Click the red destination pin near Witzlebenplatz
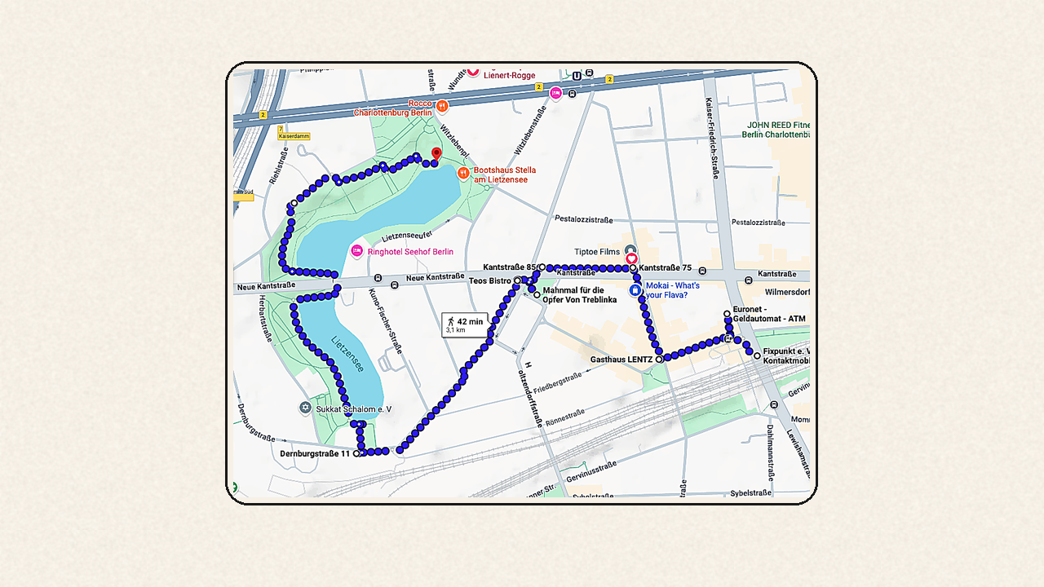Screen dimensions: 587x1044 436,154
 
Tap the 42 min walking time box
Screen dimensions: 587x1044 465,324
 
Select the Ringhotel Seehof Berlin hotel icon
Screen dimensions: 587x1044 356,251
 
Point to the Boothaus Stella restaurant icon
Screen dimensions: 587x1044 463,173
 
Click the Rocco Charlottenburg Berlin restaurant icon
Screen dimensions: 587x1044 442,106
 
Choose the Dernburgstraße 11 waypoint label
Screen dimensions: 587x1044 315,453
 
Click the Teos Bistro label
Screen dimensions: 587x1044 490,280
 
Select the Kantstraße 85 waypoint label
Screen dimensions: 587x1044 509,267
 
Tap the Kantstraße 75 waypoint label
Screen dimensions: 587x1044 666,267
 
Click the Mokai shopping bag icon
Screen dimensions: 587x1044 635,289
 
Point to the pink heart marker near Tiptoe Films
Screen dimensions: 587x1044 631,258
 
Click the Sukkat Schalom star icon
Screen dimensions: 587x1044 306,408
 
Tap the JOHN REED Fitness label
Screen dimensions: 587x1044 776,130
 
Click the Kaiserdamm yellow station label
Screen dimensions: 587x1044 294,136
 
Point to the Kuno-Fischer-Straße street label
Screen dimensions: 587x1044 386,321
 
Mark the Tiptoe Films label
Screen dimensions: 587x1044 597,252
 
